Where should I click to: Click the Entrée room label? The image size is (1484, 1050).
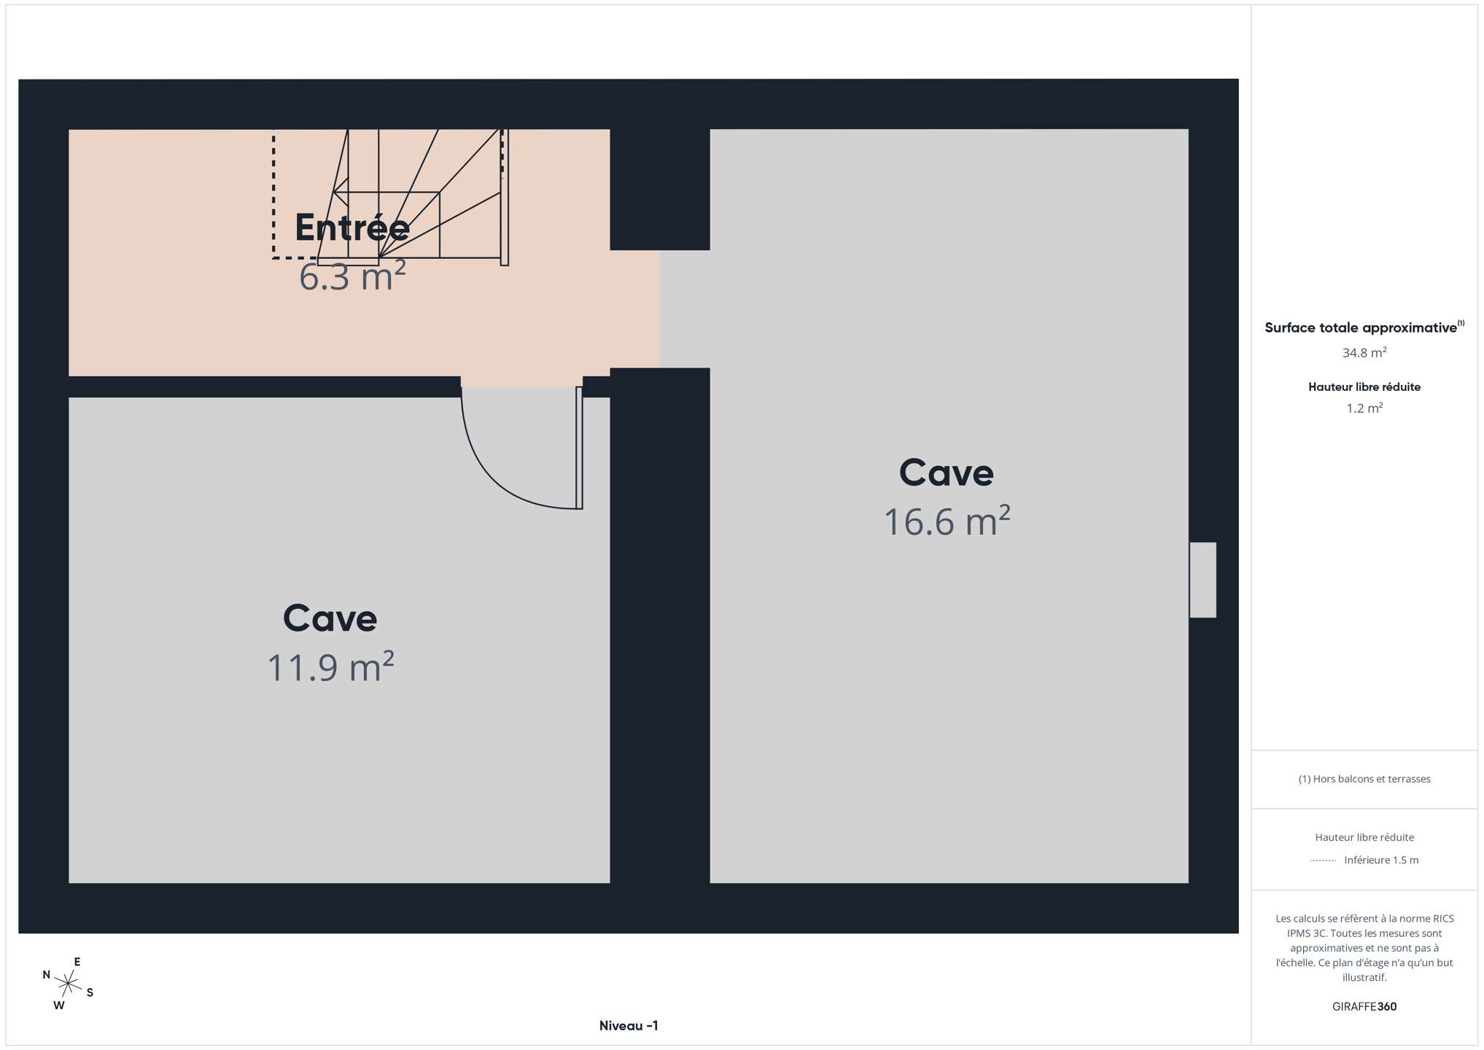pos(352,227)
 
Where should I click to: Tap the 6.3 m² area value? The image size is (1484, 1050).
pos(352,276)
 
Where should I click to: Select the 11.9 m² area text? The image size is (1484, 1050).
pos(330,667)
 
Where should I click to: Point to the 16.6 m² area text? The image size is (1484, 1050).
pos(947,521)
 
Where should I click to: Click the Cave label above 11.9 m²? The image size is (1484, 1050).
pos(330,618)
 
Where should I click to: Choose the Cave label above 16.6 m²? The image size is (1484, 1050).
pos(947,472)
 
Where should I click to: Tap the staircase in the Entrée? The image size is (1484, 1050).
pos(412,197)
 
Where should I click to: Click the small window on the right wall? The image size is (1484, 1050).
pos(1203,580)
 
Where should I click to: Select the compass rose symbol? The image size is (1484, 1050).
pos(68,984)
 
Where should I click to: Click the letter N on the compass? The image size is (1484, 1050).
pos(47,975)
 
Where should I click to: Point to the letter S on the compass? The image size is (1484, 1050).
pos(90,992)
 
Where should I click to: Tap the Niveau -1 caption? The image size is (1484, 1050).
pos(629,1026)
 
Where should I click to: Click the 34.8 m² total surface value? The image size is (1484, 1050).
pos(1364,352)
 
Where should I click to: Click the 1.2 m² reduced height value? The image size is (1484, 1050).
pos(1364,408)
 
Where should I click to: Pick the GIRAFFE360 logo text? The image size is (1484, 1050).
pos(1364,1006)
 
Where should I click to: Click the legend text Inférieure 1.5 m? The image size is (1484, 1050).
pos(1381,860)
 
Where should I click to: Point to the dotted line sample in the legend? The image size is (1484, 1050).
pos(1323,860)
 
